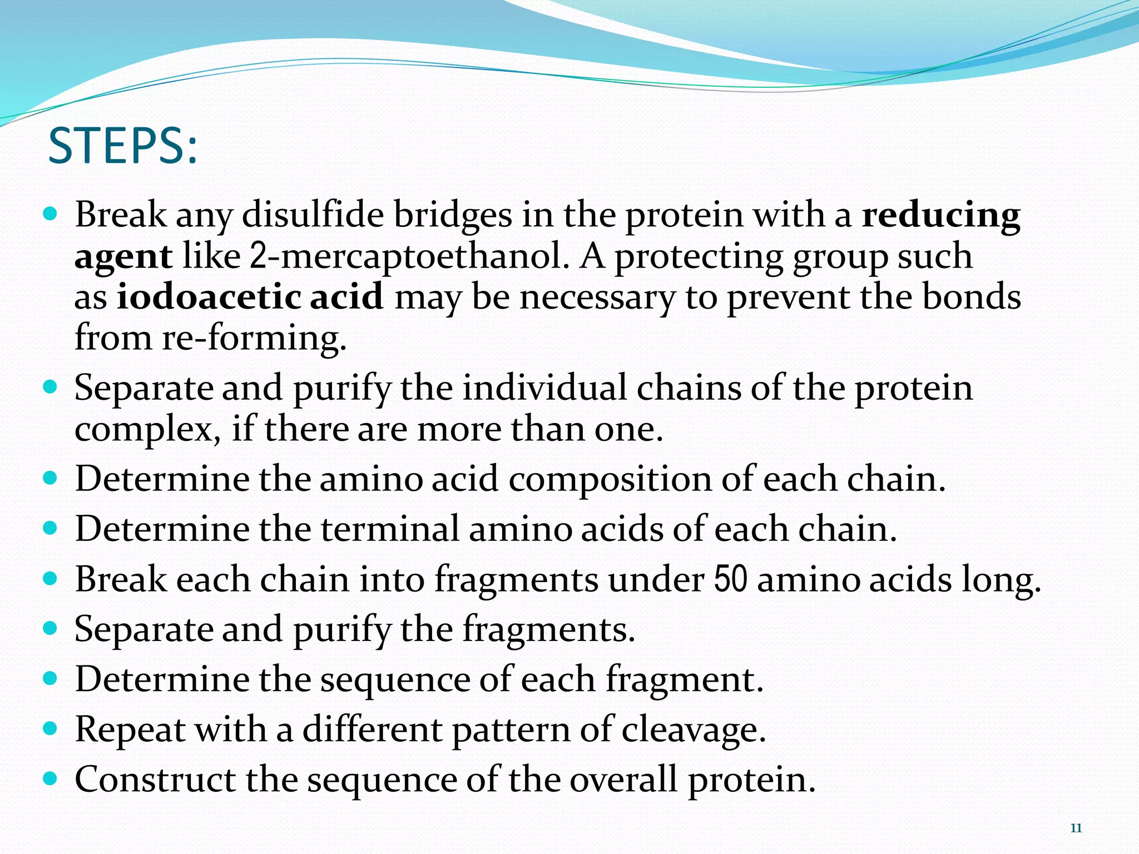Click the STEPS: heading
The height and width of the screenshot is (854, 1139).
click(123, 146)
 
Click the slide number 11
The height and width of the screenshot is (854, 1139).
click(1076, 828)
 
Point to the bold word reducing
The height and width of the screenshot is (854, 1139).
click(941, 216)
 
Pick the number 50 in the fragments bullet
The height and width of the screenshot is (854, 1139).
click(730, 579)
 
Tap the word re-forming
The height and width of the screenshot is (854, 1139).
click(254, 337)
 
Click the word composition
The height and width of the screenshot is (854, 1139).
click(610, 479)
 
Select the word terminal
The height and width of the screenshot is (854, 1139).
click(390, 529)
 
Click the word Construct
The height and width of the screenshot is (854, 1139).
click(155, 779)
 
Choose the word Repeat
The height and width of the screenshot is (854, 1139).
click(130, 729)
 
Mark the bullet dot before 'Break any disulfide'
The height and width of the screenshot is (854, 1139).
click(50, 214)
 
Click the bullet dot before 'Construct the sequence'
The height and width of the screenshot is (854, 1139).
click(50, 778)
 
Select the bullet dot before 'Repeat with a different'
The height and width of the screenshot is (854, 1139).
click(50, 728)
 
